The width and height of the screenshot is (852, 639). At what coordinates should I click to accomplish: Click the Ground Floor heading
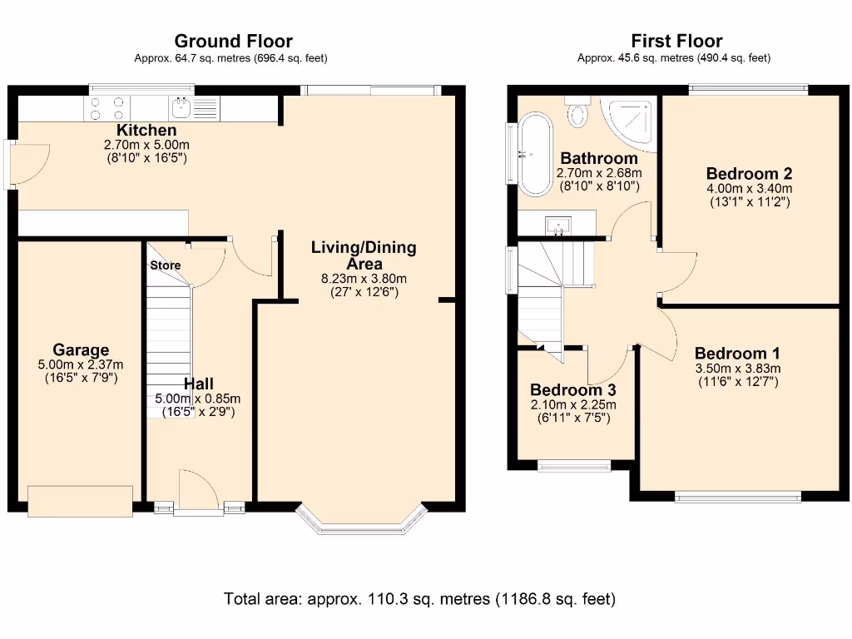click(233, 41)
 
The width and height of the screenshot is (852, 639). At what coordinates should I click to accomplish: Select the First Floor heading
click(676, 41)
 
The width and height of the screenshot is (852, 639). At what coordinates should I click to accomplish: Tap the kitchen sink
click(181, 106)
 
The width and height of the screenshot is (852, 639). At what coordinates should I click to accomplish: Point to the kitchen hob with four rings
click(106, 108)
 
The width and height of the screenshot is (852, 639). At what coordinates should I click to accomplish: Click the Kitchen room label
click(146, 131)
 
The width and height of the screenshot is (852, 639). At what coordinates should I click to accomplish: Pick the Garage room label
click(81, 349)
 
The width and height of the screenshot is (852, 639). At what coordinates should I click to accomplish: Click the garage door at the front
click(80, 500)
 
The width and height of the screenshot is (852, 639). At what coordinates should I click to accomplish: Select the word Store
click(165, 265)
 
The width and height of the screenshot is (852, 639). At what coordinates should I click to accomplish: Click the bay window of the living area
click(363, 523)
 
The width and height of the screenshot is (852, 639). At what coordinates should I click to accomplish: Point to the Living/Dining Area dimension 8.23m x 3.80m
click(364, 279)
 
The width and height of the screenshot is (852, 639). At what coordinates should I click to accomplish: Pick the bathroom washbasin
click(557, 223)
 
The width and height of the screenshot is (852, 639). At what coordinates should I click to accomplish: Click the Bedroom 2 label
click(749, 174)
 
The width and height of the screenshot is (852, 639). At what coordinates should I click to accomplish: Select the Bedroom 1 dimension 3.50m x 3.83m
click(737, 369)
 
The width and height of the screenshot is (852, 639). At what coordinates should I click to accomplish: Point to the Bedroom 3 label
click(572, 390)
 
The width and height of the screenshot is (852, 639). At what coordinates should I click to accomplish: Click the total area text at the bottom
click(419, 598)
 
